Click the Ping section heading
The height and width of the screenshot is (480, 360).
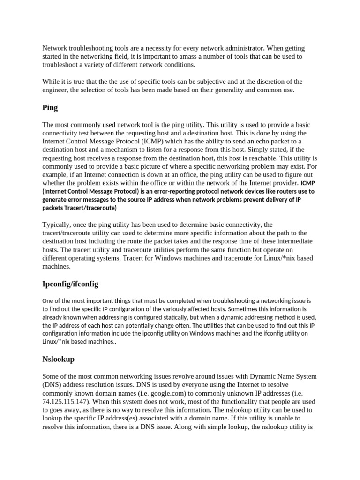(x=50, y=107)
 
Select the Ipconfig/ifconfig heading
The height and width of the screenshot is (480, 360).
(x=70, y=284)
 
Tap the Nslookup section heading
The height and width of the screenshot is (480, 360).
(x=58, y=359)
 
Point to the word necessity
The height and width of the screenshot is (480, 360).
(x=174, y=48)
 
